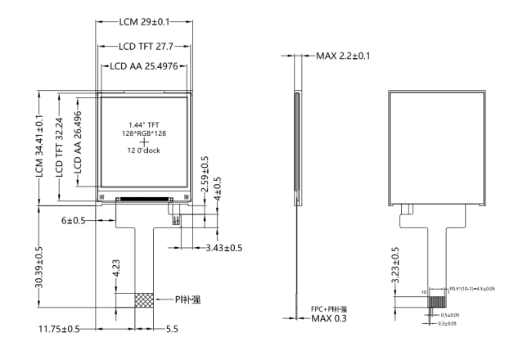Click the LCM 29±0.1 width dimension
[144, 20]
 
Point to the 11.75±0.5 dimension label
[59, 329]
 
